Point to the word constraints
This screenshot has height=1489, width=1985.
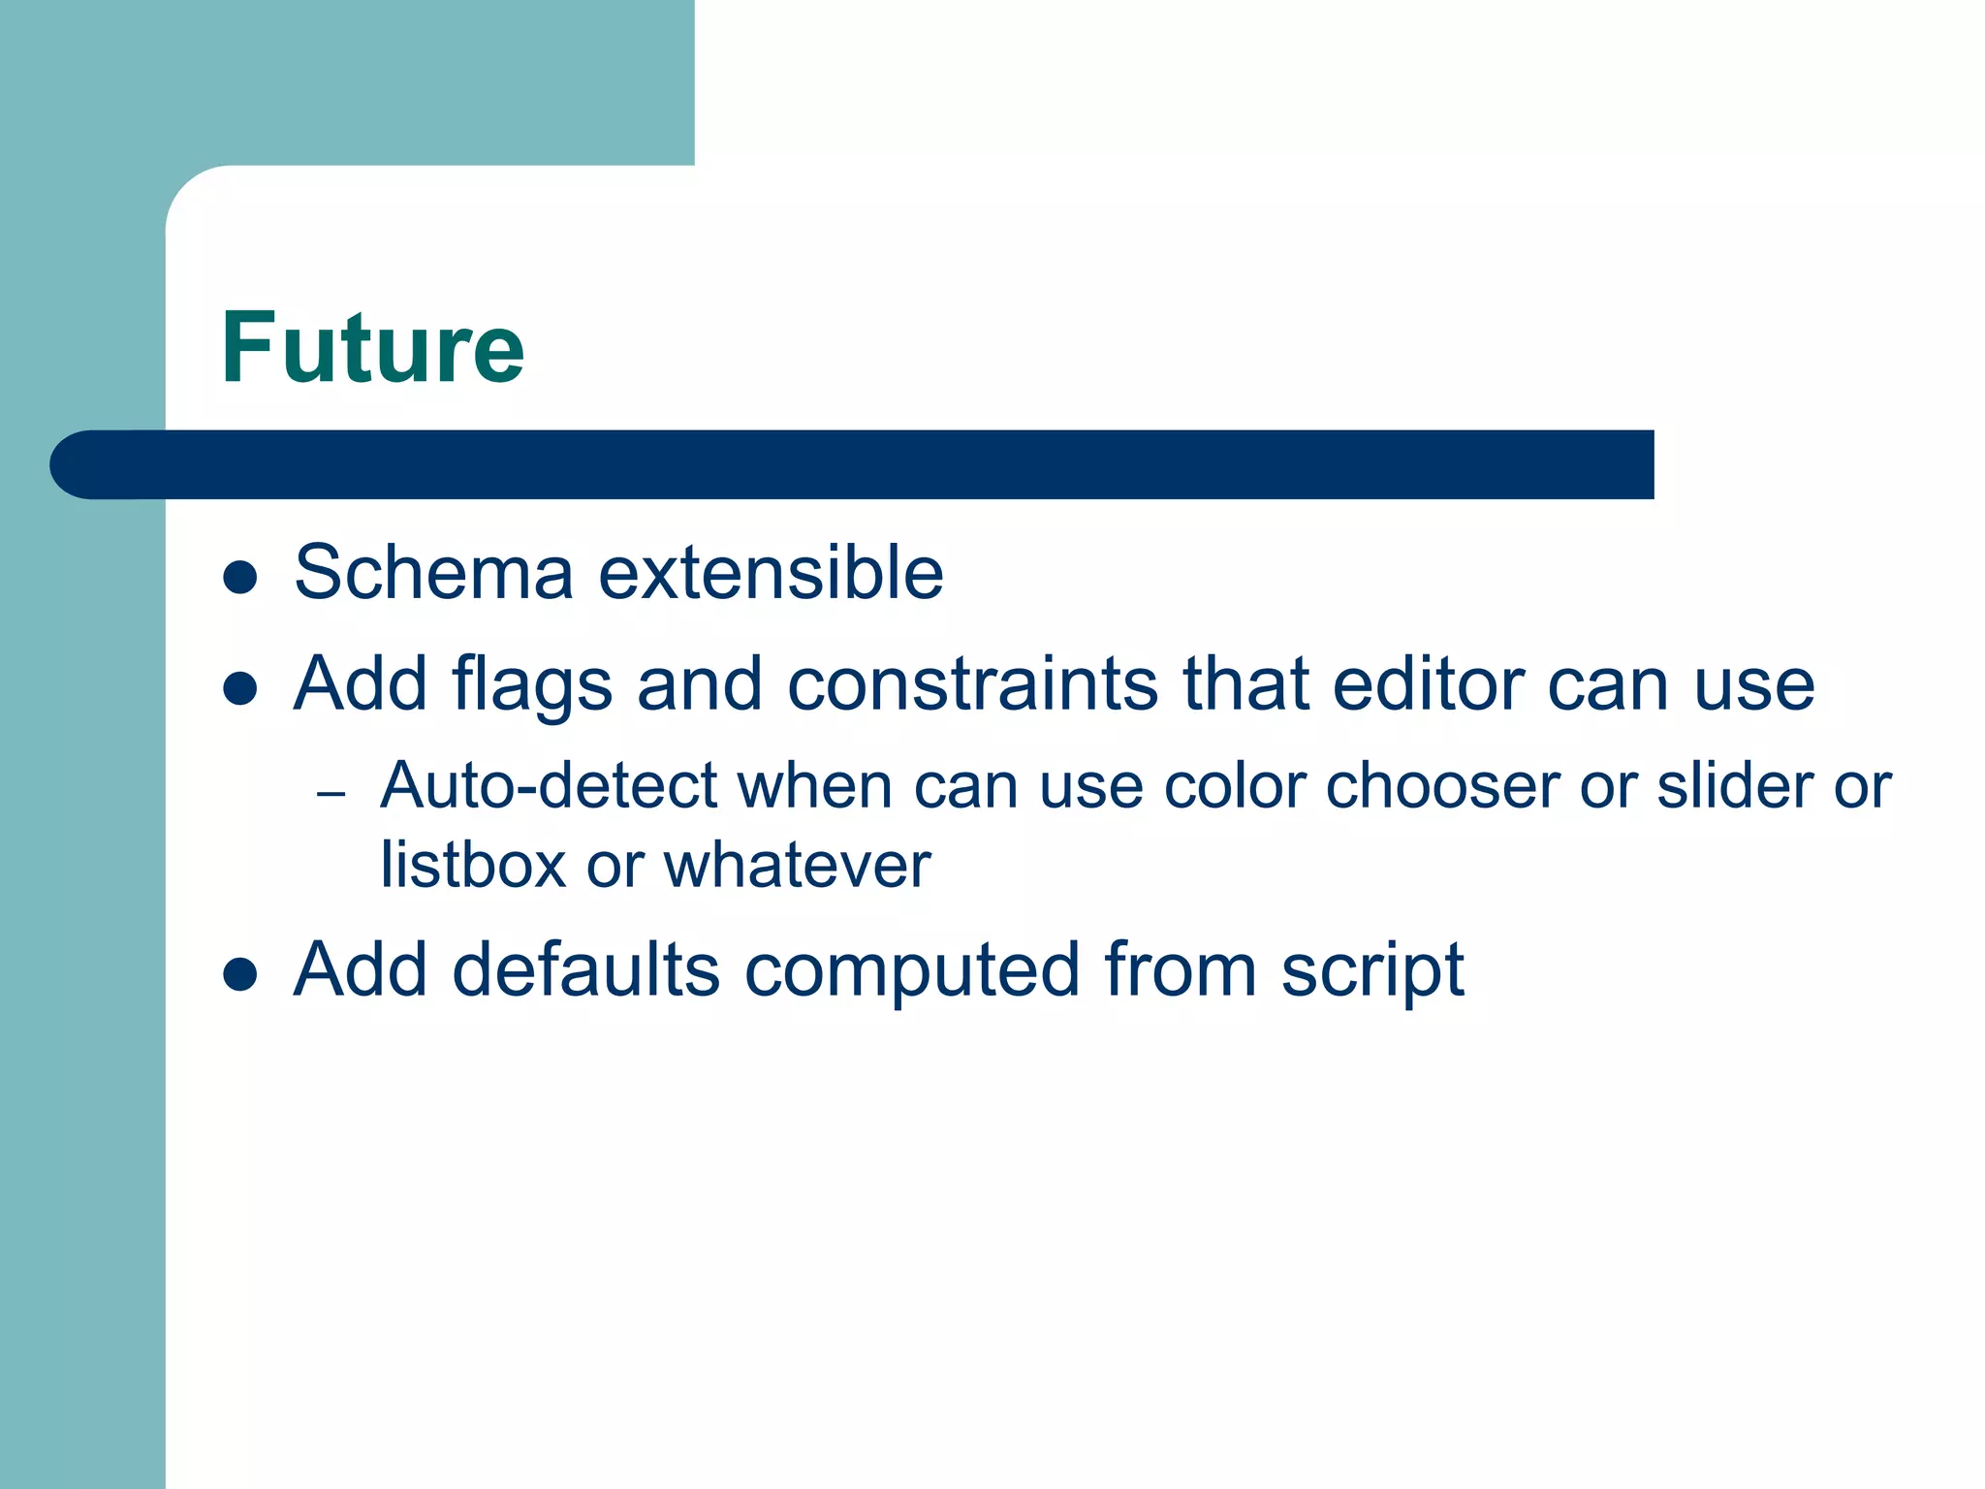coord(972,684)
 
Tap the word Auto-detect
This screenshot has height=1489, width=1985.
coord(549,784)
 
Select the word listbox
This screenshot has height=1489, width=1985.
coord(473,864)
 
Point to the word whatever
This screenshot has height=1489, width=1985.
coord(797,864)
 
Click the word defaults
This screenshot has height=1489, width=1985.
coord(585,969)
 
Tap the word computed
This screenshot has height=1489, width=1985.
coord(911,971)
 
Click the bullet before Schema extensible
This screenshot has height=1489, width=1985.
coord(239,578)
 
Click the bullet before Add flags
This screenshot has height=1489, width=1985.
coord(239,689)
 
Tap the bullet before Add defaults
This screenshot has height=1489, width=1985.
coord(239,974)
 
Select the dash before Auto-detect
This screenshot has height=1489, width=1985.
coord(331,794)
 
